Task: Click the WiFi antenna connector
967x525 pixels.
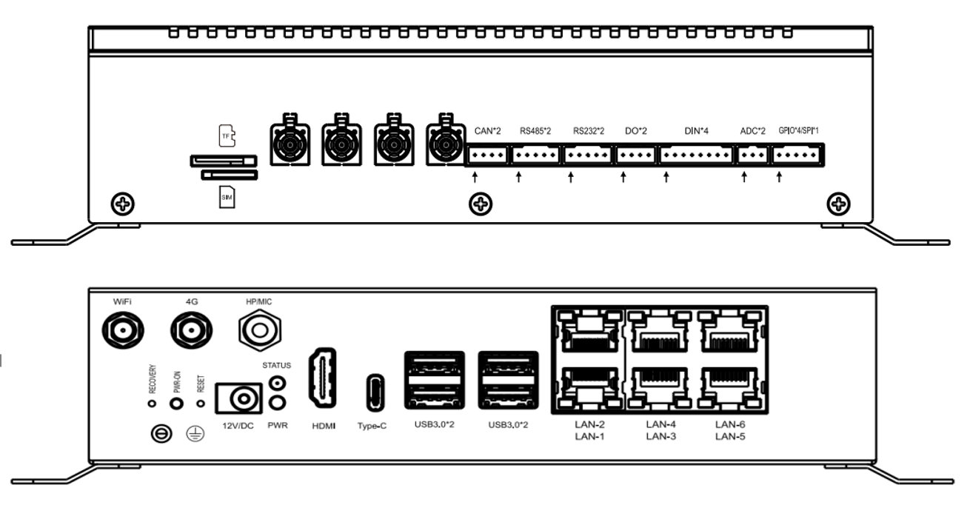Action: click(123, 330)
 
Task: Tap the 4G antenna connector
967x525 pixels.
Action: click(191, 330)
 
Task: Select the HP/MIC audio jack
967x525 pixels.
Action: click(260, 330)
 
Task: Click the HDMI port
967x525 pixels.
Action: click(323, 378)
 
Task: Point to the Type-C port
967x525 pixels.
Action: click(375, 392)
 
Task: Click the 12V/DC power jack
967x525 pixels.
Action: click(238, 398)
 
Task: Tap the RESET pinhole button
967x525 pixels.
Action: click(201, 404)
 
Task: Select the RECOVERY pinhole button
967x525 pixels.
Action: click(152, 404)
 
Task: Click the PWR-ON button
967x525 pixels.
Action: click(176, 404)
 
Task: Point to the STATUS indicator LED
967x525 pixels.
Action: click(277, 383)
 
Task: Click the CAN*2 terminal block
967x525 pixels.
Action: click(487, 155)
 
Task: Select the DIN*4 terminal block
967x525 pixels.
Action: click(696, 155)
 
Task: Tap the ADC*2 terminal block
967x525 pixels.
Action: click(752, 155)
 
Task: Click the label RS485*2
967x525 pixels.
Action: click(535, 131)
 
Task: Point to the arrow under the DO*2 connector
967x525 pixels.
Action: click(623, 177)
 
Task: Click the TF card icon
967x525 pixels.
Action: click(227, 136)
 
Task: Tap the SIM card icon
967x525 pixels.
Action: click(227, 197)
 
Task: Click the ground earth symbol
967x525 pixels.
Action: click(195, 433)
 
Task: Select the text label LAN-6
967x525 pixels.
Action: click(730, 424)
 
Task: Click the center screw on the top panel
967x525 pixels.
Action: click(481, 204)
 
